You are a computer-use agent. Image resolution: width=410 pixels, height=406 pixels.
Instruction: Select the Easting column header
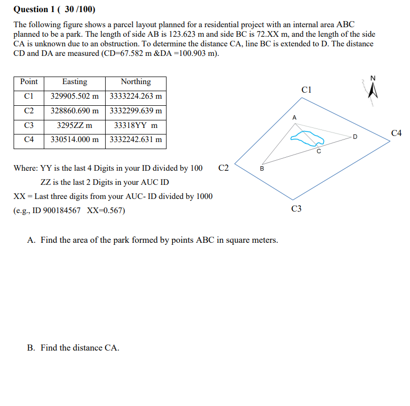click(74, 82)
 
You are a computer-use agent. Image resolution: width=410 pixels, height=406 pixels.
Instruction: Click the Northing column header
click(135, 82)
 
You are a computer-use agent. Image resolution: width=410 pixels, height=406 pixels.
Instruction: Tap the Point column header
click(29, 82)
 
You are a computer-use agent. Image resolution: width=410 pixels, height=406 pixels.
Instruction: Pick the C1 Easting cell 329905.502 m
click(74, 96)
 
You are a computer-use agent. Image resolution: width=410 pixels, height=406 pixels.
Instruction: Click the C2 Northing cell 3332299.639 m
click(135, 111)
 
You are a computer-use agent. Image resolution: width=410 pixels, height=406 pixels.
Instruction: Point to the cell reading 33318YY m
click(135, 125)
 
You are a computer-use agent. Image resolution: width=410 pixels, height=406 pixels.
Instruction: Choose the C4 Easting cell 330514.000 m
click(74, 140)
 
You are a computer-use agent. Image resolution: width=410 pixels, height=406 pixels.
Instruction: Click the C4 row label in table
click(29, 140)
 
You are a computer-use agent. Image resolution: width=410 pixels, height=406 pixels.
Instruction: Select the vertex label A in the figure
click(294, 117)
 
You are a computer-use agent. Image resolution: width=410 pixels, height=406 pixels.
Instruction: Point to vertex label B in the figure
click(261, 168)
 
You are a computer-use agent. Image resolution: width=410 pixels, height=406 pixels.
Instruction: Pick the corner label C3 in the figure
click(296, 209)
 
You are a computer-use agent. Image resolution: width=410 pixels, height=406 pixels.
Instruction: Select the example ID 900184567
click(58, 211)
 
